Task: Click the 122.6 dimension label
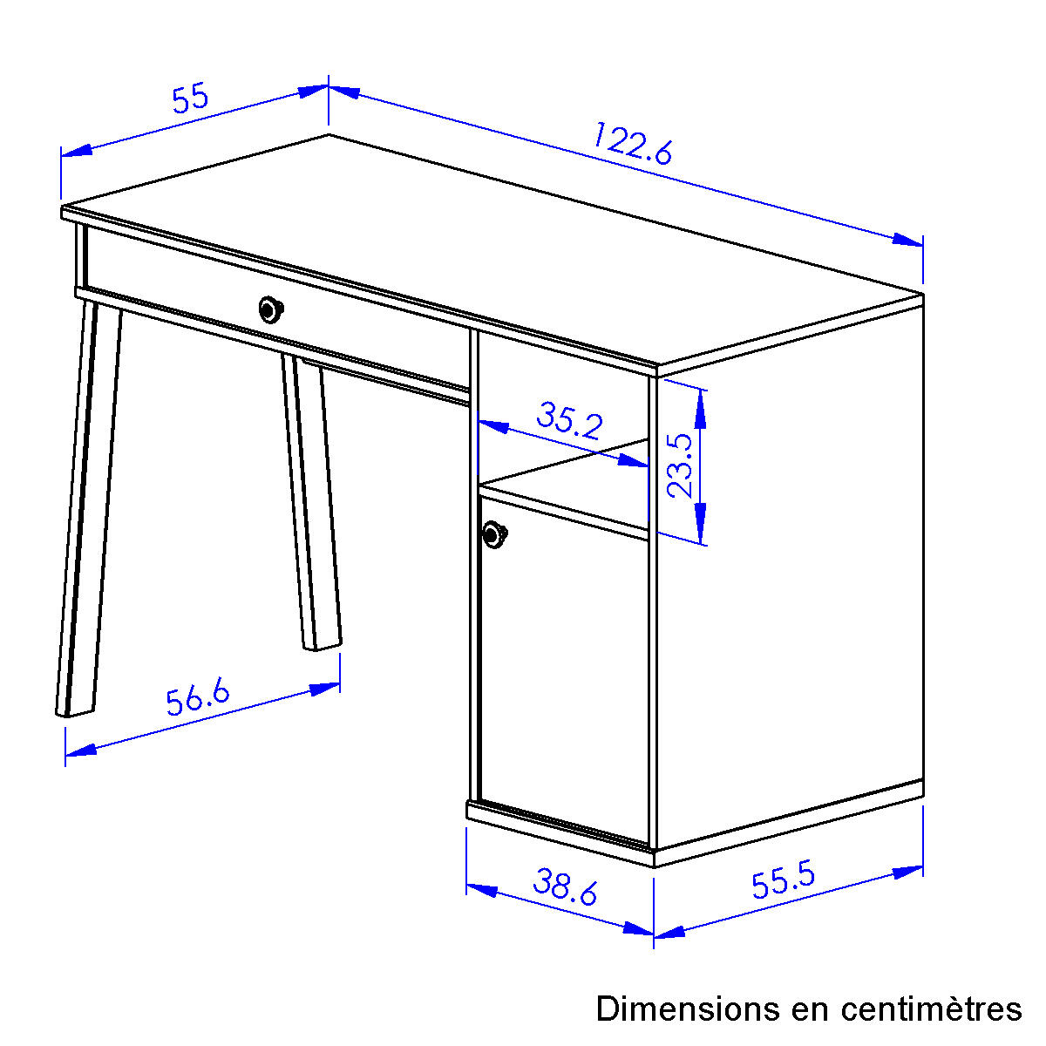pyautogui.click(x=633, y=143)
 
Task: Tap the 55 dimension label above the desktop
pyautogui.click(x=190, y=98)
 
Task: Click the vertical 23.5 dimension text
pyautogui.click(x=680, y=465)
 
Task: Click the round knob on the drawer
pyautogui.click(x=269, y=309)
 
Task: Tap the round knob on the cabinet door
pyautogui.click(x=494, y=534)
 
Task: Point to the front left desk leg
pyautogui.click(x=89, y=508)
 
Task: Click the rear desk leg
pyautogui.click(x=311, y=502)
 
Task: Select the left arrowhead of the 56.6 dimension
pyautogui.click(x=81, y=751)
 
